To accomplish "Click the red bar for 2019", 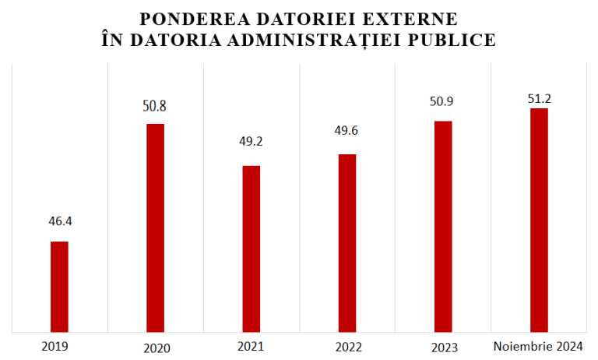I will tap(59, 287).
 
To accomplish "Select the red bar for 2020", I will tap(156, 228).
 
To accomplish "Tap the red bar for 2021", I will tap(252, 249).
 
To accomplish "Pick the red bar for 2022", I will tap(347, 243).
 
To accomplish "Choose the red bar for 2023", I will tap(443, 226).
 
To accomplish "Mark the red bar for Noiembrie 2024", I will tap(539, 220).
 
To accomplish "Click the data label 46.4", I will tap(59, 221).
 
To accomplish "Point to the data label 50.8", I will tap(156, 103).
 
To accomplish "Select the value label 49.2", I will tap(252, 142).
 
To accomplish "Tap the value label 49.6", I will tap(347, 130).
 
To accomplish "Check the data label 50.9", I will tap(443, 101).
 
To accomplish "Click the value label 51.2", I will tap(539, 98).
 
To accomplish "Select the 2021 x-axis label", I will tap(251, 345).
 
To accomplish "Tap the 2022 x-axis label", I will tap(347, 346).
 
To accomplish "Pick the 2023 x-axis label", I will tap(443, 348).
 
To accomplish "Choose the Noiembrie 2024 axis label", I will tap(539, 346).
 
